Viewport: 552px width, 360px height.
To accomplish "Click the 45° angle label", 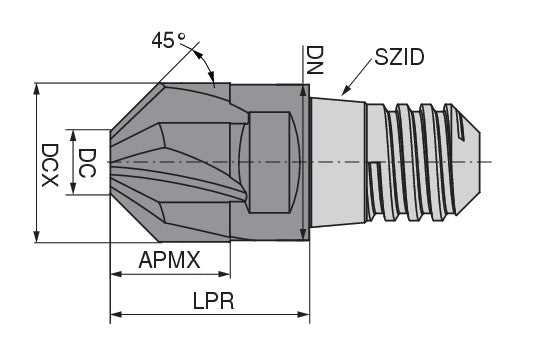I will tap(168, 41).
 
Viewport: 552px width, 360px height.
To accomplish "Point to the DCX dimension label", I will tap(50, 163).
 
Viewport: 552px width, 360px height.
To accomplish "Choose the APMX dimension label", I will tap(170, 260).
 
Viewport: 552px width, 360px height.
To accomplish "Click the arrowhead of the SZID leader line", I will tap(344, 93).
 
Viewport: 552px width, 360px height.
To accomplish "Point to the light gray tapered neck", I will tap(345, 160).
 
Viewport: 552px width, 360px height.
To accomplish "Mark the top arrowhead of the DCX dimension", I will tap(37, 87).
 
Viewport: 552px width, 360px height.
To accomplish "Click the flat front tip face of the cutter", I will tap(110, 161).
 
